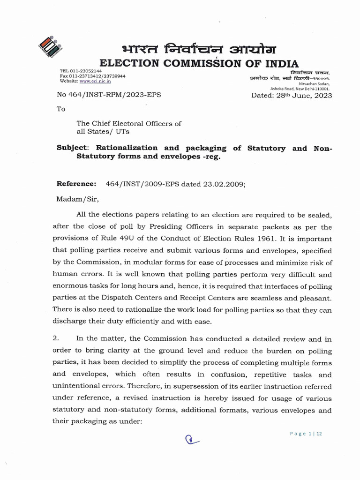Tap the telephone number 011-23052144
pyautogui.click(x=82, y=71)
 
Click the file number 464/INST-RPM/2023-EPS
pyautogui.click(x=108, y=95)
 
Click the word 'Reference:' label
pyautogui.click(x=76, y=184)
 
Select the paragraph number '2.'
pyautogui.click(x=60, y=338)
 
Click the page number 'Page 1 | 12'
pyautogui.click(x=306, y=434)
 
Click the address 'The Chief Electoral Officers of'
pyautogui.click(x=129, y=123)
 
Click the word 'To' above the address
pyautogui.click(x=61, y=109)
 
